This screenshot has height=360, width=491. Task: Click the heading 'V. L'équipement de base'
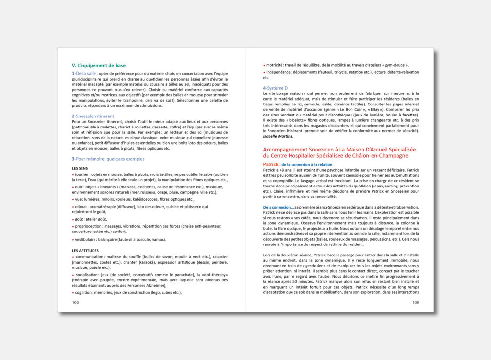98,65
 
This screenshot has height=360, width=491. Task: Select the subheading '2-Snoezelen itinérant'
93,116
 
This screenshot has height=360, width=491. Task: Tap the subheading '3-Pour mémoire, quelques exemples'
108,159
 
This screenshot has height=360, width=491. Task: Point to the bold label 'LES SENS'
81,168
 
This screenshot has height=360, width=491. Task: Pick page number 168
76,302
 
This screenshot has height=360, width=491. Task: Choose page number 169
415,302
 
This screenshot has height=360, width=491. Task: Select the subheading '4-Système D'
275,88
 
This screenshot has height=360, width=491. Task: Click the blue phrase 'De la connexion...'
279,207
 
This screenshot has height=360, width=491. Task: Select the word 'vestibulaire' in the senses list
88,239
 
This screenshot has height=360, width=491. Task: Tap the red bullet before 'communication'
73,257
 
